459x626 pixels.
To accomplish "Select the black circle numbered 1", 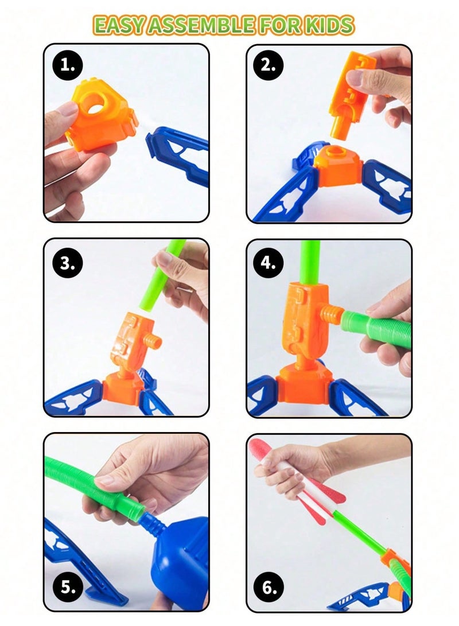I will click(x=67, y=66).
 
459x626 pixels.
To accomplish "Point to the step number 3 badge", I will click(x=67, y=263).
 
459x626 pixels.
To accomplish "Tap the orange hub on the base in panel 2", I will click(x=339, y=164).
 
